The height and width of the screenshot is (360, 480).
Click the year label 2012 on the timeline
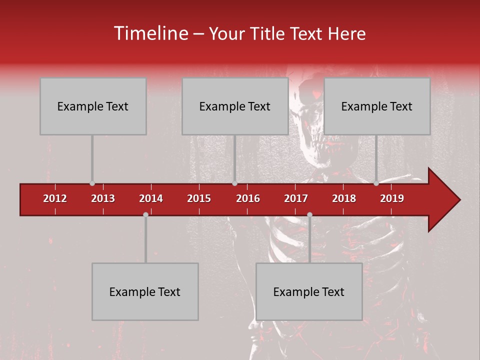pyautogui.click(x=55, y=198)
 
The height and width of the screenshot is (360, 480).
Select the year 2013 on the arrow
pyautogui.click(x=103, y=198)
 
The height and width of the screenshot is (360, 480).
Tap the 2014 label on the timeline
pyautogui.click(x=151, y=198)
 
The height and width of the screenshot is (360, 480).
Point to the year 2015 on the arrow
pyautogui.click(x=199, y=198)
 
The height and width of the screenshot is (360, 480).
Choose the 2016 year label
pyautogui.click(x=248, y=198)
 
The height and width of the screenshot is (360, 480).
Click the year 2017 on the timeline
pyautogui.click(x=296, y=198)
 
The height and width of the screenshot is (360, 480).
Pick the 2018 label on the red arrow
pyautogui.click(x=344, y=198)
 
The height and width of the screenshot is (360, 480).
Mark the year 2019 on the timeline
pyautogui.click(x=392, y=198)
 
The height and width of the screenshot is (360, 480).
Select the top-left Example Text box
pyautogui.click(x=93, y=106)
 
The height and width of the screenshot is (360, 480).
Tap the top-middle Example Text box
pyautogui.click(x=235, y=106)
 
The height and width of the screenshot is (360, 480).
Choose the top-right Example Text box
pyautogui.click(x=377, y=106)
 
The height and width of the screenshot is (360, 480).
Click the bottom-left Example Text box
pyautogui.click(x=145, y=291)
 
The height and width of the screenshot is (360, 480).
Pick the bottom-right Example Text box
pyautogui.click(x=309, y=291)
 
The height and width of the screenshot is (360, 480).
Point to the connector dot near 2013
pyautogui.click(x=92, y=183)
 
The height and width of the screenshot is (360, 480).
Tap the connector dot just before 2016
pyautogui.click(x=234, y=183)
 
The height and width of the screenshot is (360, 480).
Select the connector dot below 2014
pyautogui.click(x=145, y=214)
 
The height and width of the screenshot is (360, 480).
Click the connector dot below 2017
pyautogui.click(x=309, y=214)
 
